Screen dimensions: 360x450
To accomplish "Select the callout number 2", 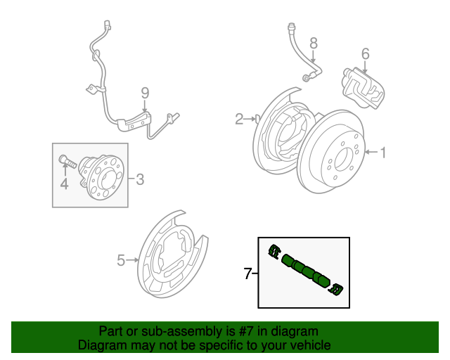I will (x=239, y=119).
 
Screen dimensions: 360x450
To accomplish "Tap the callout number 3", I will (x=140, y=179).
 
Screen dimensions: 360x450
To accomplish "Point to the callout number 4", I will (x=64, y=184).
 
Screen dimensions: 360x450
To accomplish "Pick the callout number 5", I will (x=120, y=261).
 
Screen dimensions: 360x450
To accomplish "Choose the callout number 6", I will (x=365, y=53).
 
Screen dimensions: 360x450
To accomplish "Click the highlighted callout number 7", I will (x=247, y=274).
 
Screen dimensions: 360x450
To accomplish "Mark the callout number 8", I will (x=314, y=43).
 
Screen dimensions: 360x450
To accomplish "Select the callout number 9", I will (x=145, y=92).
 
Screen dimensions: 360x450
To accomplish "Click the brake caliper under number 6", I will (x=364, y=86).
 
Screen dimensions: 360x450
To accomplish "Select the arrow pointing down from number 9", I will (x=145, y=106).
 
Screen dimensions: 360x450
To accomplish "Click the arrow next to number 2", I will (x=250, y=120).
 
